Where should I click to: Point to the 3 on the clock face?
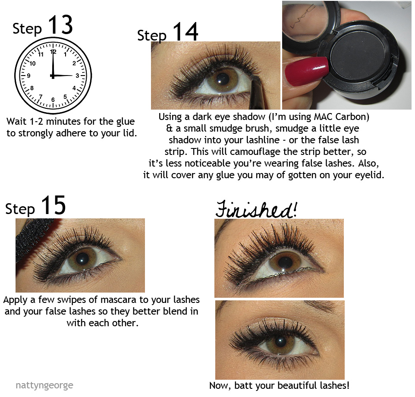point(77,76)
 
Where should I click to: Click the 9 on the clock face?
point(28,76)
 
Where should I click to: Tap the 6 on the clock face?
point(53,100)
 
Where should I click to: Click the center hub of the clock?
point(53,76)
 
